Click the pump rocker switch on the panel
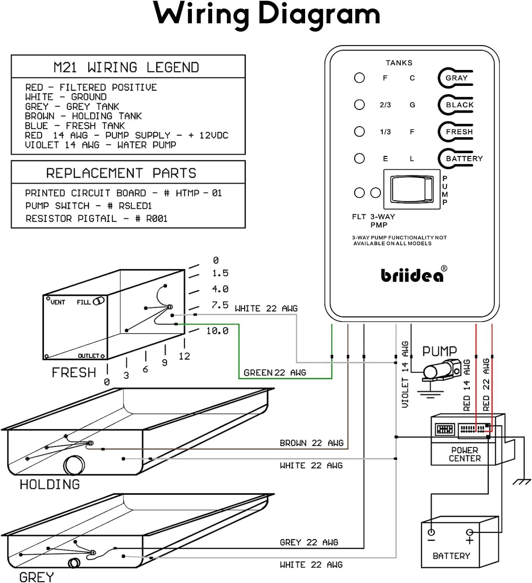coord(412,189)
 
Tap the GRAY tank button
coord(456,78)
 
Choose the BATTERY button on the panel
coord(459,159)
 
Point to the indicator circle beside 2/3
coord(359,105)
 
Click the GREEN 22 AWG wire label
coord(275,373)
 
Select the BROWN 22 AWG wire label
coord(311,443)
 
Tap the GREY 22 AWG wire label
coord(309,542)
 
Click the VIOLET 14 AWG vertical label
coord(405,374)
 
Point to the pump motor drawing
coord(441,370)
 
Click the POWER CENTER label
coord(465,454)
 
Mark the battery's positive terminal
coord(470,532)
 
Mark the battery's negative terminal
coord(431,532)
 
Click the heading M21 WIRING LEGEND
coord(126,67)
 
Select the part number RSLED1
coord(135,206)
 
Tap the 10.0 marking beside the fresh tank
coord(217,331)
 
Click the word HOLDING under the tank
coord(50,484)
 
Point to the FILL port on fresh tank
coord(98,301)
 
